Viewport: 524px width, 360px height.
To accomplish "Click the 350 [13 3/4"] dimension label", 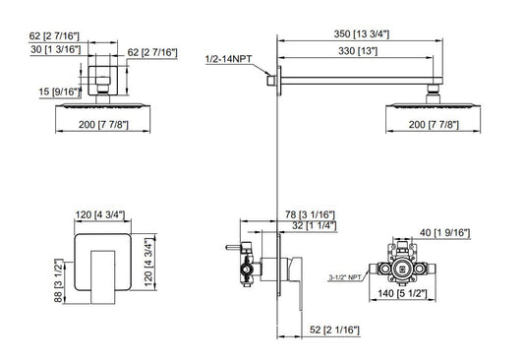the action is pyautogui.click(x=361, y=34).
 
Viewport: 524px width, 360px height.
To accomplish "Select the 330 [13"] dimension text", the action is pyautogui.click(x=358, y=51).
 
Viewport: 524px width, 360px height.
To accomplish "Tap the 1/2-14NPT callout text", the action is pyautogui.click(x=229, y=59).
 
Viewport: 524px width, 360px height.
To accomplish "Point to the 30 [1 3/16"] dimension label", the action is pyautogui.click(x=55, y=49).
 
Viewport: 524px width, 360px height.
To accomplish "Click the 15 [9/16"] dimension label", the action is pyautogui.click(x=60, y=91).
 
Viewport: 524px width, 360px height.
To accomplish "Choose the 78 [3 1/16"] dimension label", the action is pyautogui.click(x=310, y=214).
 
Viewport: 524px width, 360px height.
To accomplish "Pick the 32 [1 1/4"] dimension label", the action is pyautogui.click(x=315, y=225).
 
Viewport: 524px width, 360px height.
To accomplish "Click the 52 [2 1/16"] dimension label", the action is pyautogui.click(x=334, y=330).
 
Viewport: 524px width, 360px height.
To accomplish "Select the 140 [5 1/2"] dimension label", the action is pyautogui.click(x=402, y=293).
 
